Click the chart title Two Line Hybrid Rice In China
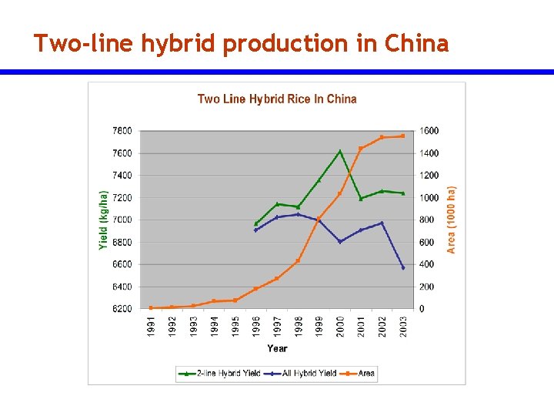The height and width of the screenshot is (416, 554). pos(277,99)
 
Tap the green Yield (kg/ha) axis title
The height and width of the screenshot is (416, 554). pos(104,220)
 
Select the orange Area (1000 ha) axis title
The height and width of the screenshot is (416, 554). pos(452,220)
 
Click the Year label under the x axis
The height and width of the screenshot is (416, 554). pos(277,348)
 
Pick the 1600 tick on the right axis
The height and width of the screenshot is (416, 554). pos(429,131)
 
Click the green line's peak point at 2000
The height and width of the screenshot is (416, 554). pos(340,151)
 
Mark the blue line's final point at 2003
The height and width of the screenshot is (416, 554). pos(403,267)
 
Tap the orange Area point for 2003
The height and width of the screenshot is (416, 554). pos(403,136)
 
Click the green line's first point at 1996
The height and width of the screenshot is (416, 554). pos(256,223)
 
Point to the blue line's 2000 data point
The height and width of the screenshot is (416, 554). pos(340,242)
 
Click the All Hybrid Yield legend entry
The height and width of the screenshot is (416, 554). pos(303,374)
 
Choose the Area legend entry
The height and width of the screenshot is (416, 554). pos(362,374)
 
